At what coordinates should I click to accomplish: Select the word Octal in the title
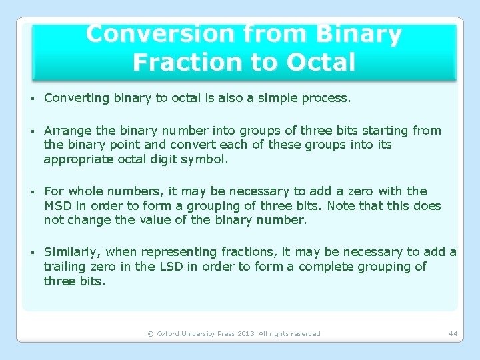(x=321, y=62)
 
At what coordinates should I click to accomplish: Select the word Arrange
(x=65, y=131)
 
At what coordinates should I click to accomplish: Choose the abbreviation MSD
(x=58, y=205)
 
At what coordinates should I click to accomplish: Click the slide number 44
(x=453, y=333)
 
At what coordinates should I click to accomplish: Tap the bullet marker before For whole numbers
(x=31, y=192)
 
